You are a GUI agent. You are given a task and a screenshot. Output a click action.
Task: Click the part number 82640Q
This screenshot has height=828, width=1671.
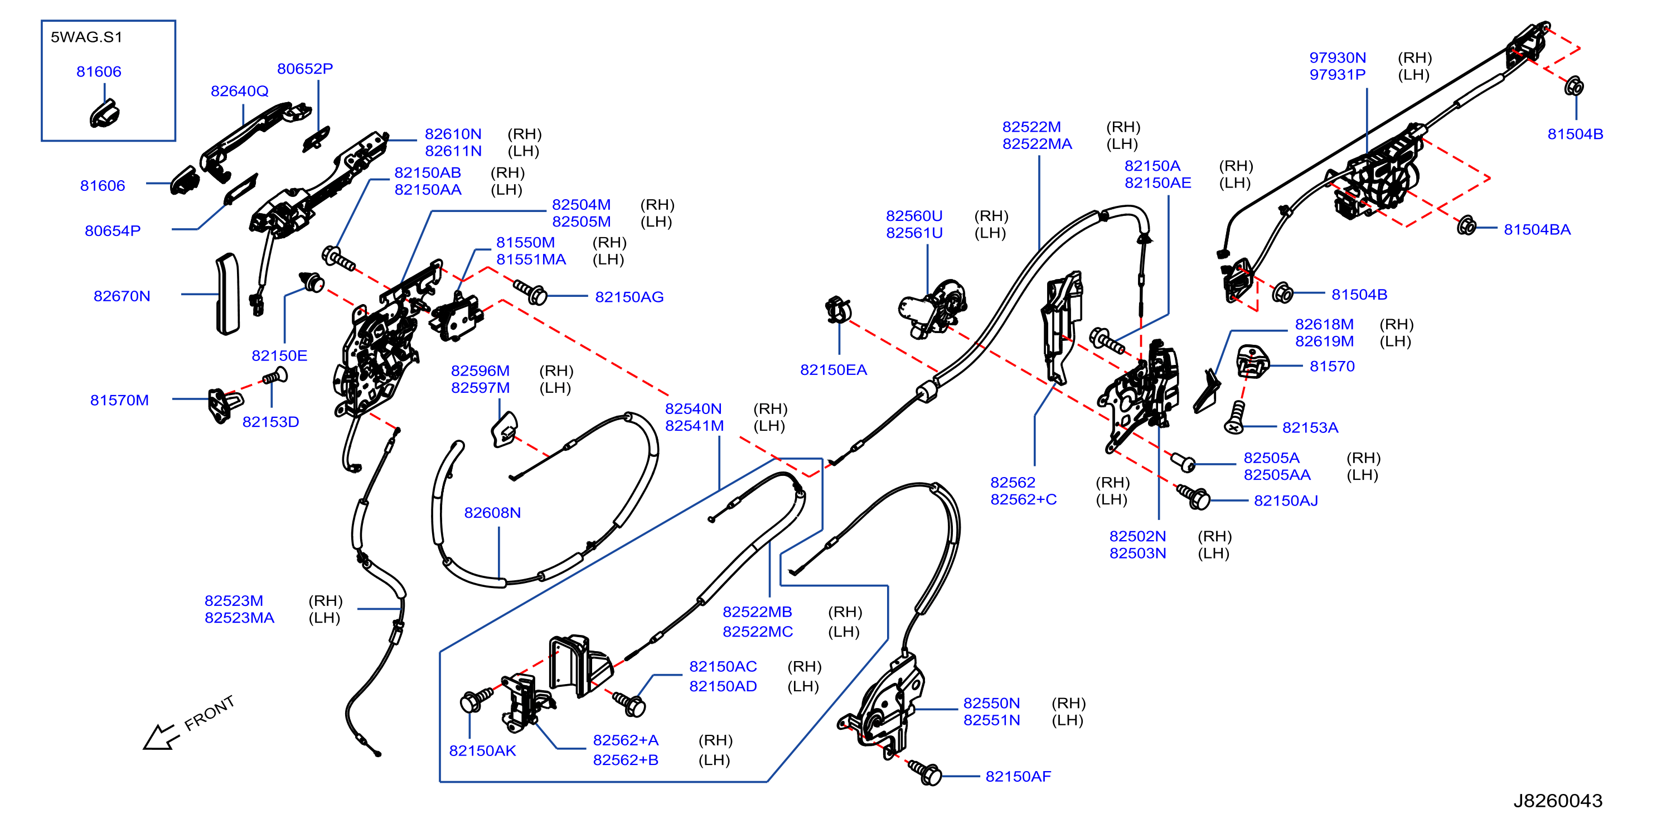239,91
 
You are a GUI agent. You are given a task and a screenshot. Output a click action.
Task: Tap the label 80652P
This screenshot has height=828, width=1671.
305,68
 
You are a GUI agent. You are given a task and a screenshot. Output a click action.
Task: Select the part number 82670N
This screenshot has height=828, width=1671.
122,296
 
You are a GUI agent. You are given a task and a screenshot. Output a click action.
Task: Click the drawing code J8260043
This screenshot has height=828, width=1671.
1558,801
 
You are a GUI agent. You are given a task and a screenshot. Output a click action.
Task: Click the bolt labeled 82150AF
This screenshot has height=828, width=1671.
925,772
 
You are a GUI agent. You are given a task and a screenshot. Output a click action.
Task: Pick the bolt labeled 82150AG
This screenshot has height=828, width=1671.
530,292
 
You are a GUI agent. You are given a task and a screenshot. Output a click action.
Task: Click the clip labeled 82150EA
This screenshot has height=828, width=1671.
838,310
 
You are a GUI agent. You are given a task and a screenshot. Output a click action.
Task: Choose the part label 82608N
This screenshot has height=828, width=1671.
492,513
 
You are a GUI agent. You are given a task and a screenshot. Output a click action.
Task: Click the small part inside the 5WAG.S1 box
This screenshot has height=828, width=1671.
104,114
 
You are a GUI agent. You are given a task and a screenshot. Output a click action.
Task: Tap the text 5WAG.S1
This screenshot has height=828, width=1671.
86,37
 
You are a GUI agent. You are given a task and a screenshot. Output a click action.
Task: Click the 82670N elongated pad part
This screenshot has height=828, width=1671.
227,294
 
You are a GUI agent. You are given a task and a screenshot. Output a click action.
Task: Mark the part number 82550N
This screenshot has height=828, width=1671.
991,704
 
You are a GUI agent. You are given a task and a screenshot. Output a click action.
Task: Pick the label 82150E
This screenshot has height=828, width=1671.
279,355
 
